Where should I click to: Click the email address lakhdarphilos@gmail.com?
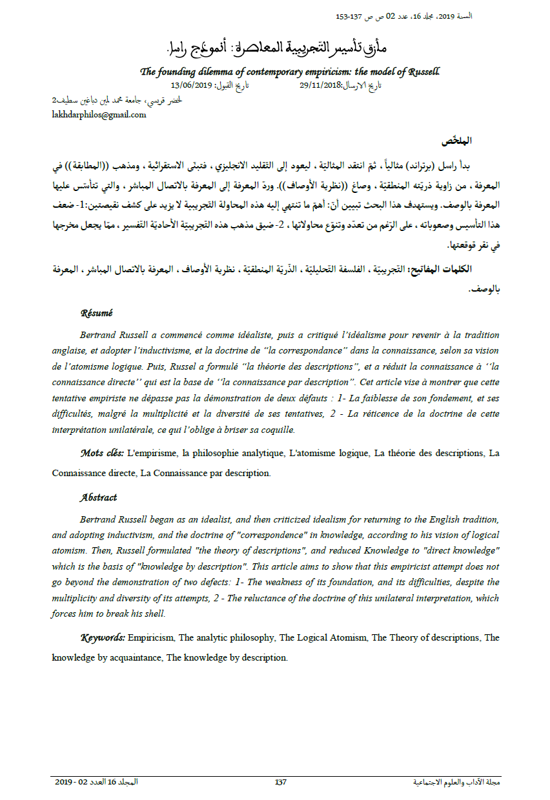(99, 115)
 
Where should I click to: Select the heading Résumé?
(96, 313)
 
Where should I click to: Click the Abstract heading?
(99, 497)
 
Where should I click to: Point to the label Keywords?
(103, 637)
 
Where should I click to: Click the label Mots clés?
(102, 453)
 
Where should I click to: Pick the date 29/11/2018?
(320, 85)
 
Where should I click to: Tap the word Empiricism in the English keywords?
(151, 637)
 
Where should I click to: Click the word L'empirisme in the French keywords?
(152, 453)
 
